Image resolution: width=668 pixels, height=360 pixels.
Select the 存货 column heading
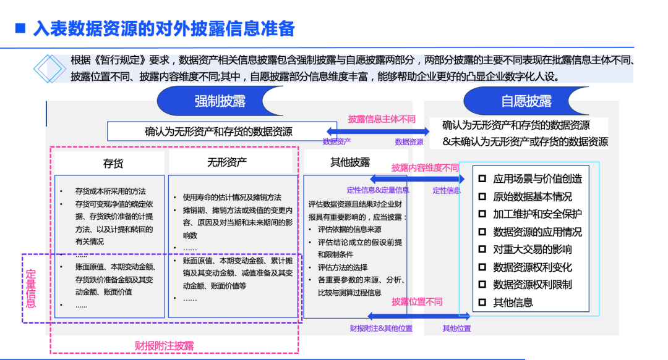113,163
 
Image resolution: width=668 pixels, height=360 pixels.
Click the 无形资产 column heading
227,162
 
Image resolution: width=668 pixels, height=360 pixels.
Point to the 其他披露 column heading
350,162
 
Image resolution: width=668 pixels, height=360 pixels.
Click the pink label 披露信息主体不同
382,119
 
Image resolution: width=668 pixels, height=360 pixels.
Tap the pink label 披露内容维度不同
425,167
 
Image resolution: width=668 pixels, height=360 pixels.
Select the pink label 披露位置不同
417,301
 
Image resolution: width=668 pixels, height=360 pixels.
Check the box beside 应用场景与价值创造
483,178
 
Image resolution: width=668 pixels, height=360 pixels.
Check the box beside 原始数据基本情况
483,196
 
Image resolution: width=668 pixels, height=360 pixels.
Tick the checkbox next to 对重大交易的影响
483,249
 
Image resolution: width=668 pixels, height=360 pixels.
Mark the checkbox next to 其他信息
483,303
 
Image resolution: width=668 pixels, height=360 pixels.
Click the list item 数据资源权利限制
532,285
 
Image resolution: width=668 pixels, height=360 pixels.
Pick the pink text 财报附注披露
165,345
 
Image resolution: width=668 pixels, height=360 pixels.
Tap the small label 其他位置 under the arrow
456,329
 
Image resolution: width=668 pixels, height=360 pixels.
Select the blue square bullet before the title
20,28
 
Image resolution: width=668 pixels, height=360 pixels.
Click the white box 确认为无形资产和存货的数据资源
218,132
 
